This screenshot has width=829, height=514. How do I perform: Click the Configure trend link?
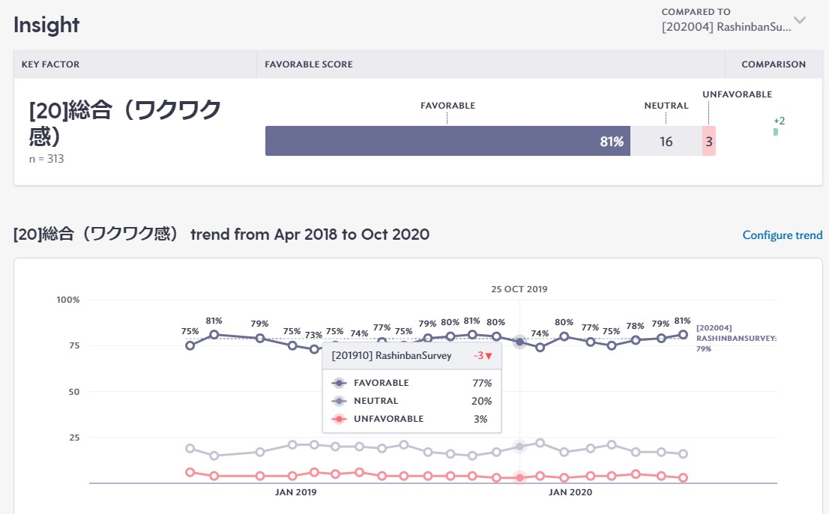click(782, 235)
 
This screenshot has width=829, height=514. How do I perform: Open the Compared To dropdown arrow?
click(800, 20)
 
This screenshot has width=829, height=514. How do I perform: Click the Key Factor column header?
click(50, 64)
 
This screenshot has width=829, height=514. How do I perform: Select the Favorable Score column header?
click(309, 64)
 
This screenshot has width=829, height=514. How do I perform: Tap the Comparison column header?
click(774, 64)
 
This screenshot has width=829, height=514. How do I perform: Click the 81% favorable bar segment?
click(447, 141)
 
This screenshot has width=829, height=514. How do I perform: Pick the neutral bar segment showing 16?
click(666, 141)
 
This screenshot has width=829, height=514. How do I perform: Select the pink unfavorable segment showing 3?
click(709, 141)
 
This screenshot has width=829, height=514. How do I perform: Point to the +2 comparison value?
click(779, 121)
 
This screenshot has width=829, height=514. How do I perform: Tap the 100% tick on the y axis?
click(67, 300)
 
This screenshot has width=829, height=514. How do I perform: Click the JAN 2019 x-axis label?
click(295, 492)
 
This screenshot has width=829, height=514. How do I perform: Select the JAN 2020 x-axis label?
click(570, 492)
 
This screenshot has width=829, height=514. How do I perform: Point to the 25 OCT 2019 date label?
click(519, 289)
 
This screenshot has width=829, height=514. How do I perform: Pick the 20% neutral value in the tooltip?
click(480, 401)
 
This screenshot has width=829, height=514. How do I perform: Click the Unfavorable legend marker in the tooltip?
click(340, 419)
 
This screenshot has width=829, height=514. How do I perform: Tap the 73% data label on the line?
click(313, 335)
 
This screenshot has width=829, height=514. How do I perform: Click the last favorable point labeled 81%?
click(683, 335)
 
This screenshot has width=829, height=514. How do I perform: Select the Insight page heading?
click(46, 25)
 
